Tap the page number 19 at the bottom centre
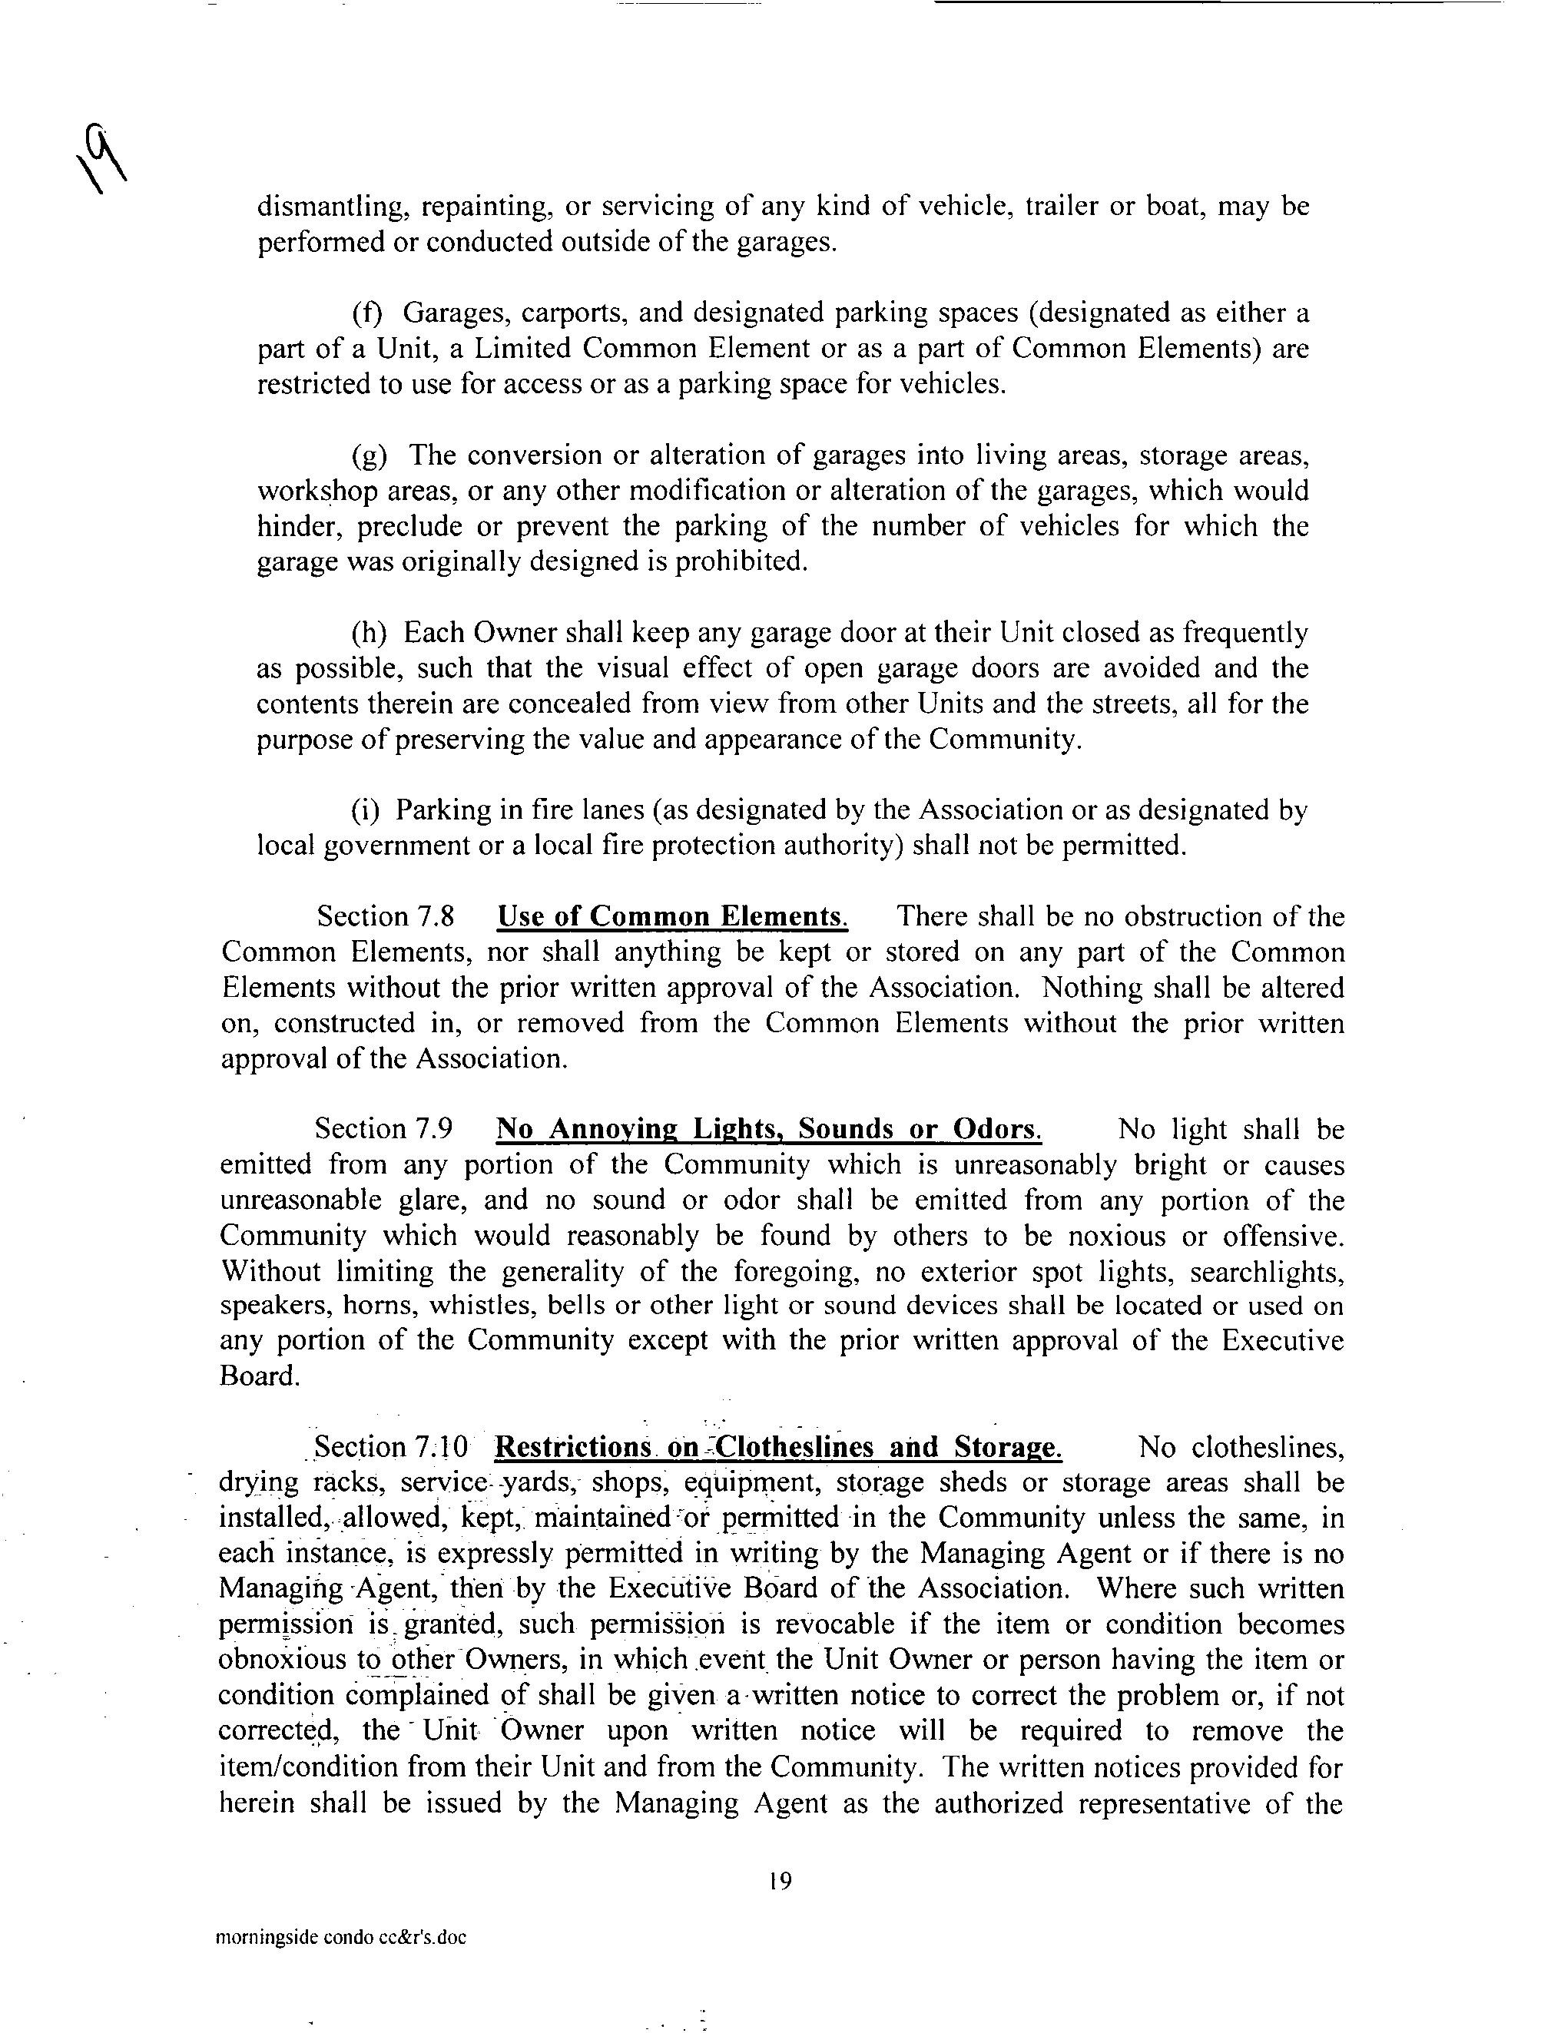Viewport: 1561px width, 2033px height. click(780, 1882)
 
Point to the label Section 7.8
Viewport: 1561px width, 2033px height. click(386, 918)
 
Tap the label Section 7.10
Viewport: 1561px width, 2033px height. click(392, 1448)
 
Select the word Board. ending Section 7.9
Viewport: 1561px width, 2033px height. click(259, 1376)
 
